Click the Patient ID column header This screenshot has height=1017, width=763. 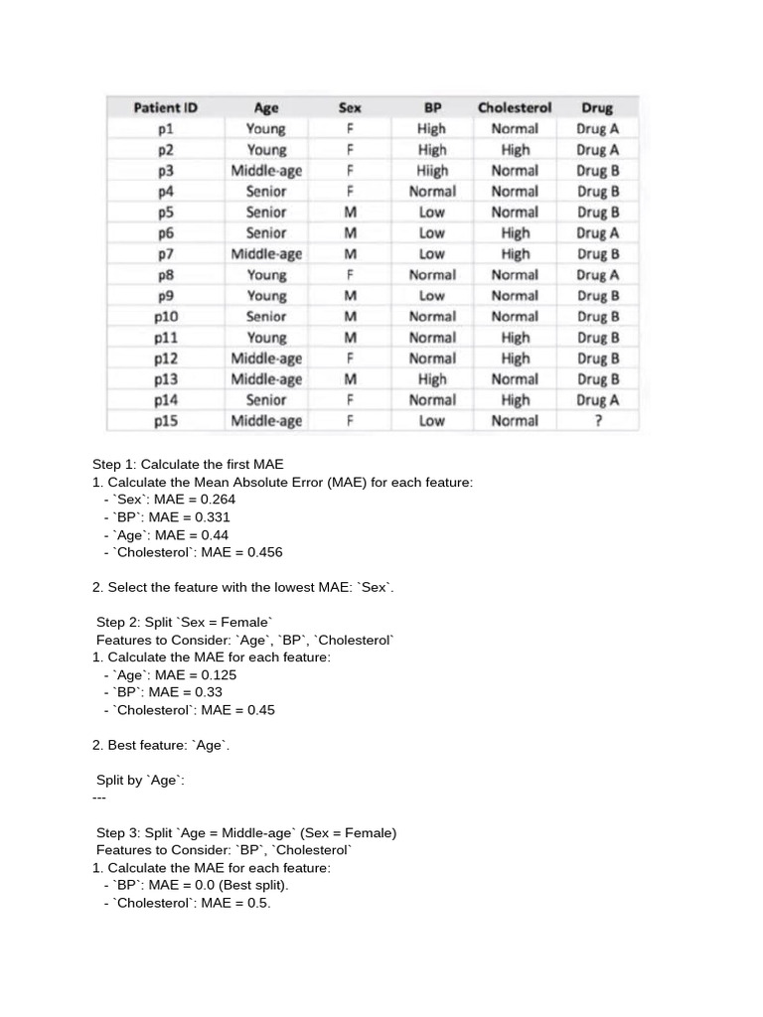[x=166, y=107]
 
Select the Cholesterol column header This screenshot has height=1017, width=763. [x=515, y=107]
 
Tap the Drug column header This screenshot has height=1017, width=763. [x=597, y=107]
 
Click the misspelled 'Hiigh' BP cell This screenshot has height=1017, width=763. [x=432, y=170]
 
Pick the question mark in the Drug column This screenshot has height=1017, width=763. [x=597, y=420]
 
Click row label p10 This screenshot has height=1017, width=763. [x=166, y=316]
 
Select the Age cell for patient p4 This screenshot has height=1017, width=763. [x=266, y=191]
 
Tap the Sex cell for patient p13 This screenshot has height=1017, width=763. [x=350, y=378]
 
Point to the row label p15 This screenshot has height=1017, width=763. [x=166, y=420]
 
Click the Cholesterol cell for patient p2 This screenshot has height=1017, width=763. [x=515, y=149]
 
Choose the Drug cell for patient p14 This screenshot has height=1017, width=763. [x=597, y=399]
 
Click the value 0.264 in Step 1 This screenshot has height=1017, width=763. [x=216, y=500]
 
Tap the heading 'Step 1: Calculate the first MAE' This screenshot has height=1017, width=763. [x=188, y=464]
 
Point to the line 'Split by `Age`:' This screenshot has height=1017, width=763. [x=140, y=780]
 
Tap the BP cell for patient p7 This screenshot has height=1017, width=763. [x=432, y=253]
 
